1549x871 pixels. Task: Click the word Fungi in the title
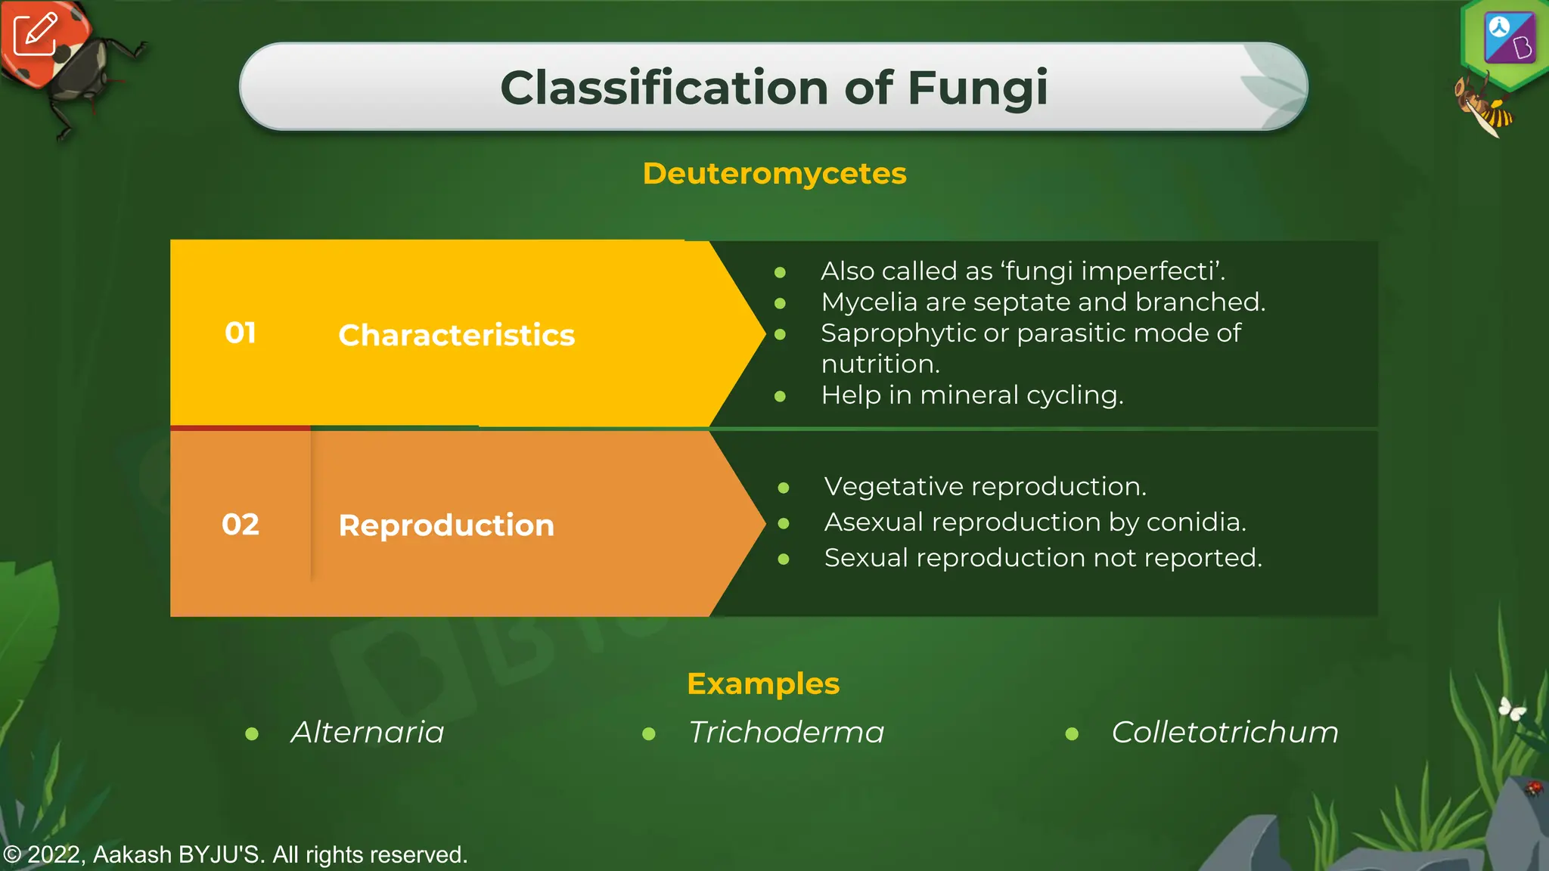[x=977, y=88]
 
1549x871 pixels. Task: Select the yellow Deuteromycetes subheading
[x=774, y=174]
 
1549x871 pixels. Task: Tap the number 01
[x=241, y=333]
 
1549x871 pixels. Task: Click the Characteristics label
[x=456, y=335]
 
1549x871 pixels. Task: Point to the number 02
[x=241, y=525]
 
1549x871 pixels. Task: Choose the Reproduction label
[x=446, y=525]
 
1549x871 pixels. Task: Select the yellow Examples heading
[x=763, y=683]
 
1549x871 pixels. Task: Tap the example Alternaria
[x=368, y=732]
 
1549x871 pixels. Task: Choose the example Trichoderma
[x=786, y=732]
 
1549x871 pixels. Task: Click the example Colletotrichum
[x=1225, y=732]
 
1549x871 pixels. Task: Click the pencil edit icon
[x=36, y=34]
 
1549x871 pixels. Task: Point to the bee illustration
[x=1482, y=106]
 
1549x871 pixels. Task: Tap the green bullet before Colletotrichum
[x=1072, y=733]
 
